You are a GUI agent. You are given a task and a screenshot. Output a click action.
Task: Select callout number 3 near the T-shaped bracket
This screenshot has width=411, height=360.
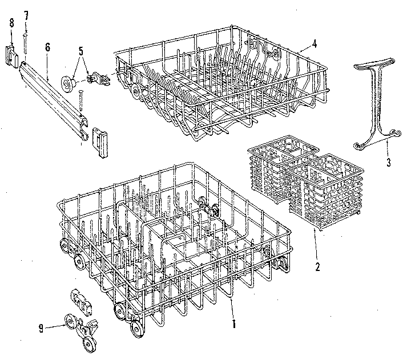click(388, 163)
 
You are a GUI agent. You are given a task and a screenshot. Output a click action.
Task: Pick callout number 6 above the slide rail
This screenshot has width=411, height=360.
click(47, 46)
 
